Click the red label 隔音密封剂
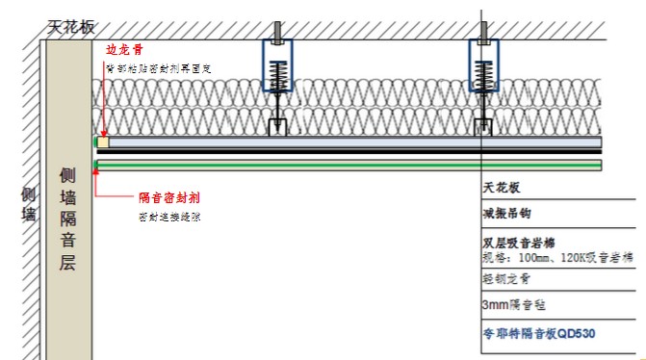[x=168, y=196]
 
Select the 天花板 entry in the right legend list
[x=501, y=189]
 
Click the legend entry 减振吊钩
[x=506, y=213]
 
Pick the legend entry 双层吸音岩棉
[x=519, y=243]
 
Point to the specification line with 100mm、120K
[x=557, y=258]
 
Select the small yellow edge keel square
[x=102, y=142]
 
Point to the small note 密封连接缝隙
[x=170, y=218]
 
